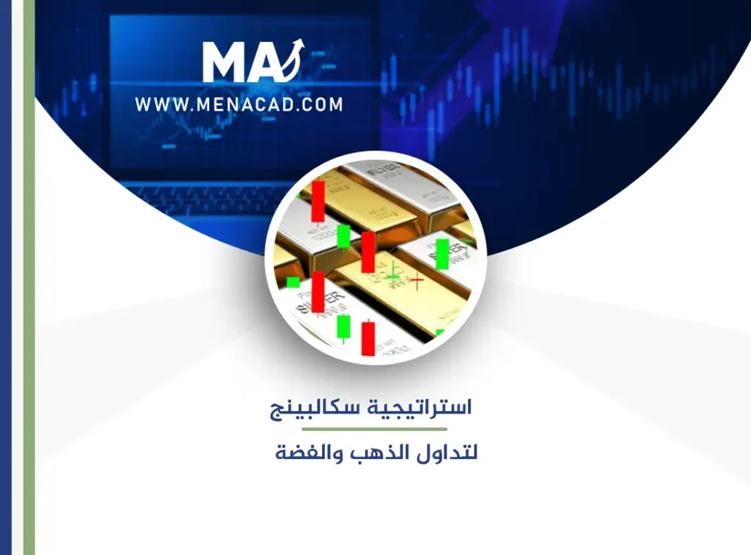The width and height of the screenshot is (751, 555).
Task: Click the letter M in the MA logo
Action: tap(225, 62)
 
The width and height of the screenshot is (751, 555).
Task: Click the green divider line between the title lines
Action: tap(374, 429)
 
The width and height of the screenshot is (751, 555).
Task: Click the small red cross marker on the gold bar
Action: tap(417, 279)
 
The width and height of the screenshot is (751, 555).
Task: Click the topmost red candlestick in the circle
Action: tap(318, 202)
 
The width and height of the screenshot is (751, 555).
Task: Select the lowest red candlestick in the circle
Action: tap(367, 338)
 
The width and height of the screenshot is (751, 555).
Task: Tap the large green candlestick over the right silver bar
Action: tap(442, 254)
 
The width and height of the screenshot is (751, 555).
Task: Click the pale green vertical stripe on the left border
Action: tap(29, 277)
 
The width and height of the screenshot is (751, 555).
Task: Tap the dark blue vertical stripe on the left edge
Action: tap(6, 277)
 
